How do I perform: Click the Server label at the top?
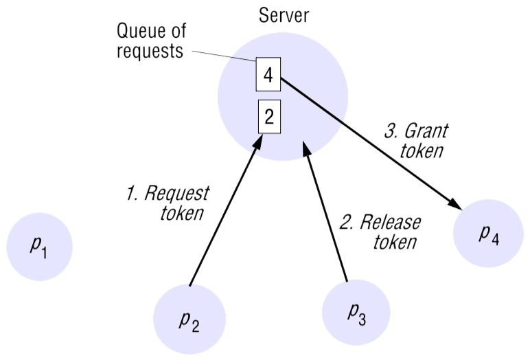(x=283, y=15)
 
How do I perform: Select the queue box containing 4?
(x=268, y=76)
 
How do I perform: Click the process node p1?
(x=39, y=247)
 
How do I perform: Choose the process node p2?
(x=189, y=319)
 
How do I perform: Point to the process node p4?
(x=489, y=234)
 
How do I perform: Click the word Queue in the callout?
(x=142, y=32)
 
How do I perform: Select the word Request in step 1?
(x=179, y=193)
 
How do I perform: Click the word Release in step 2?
(x=391, y=222)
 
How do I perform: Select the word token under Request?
(x=182, y=214)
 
